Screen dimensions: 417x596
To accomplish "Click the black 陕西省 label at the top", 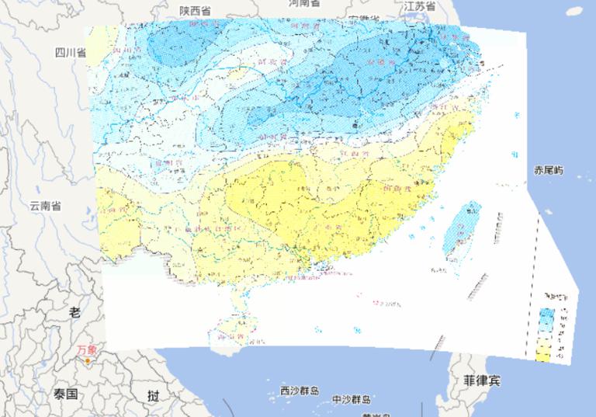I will click(195, 10).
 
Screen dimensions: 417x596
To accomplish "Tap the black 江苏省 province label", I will click(420, 6).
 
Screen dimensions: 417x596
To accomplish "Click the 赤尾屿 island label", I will click(549, 170).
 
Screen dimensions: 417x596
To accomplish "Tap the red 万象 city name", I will click(88, 349).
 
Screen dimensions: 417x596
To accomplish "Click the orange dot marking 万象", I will click(88, 360).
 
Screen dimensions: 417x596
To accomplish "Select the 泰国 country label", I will click(66, 394).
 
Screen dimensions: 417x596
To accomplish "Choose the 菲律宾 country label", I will click(483, 381).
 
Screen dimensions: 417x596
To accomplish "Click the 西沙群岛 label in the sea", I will click(299, 391).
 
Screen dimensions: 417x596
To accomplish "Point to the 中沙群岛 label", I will click(351, 400).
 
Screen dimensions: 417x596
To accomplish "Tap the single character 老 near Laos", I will click(74, 312).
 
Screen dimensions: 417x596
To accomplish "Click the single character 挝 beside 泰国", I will click(154, 395).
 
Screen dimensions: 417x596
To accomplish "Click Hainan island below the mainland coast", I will click(236, 330).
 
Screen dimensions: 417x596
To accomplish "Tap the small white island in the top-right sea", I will click(573, 10).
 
